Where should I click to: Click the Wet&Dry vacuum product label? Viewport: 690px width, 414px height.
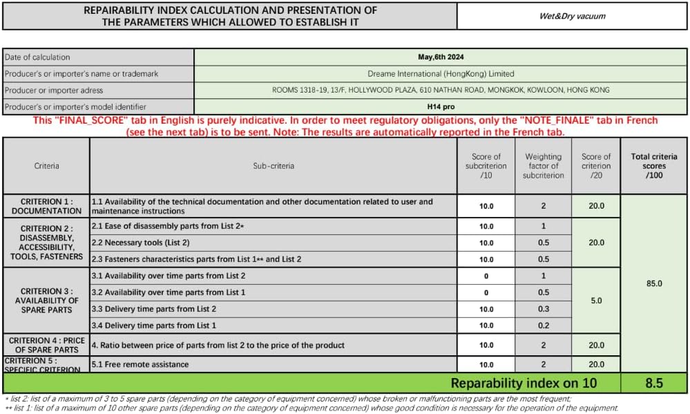[x=572, y=16]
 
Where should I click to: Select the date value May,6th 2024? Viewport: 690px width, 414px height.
[x=441, y=57]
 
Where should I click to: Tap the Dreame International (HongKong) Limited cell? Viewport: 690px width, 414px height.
[x=441, y=74]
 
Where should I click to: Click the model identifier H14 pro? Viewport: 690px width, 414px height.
[x=441, y=106]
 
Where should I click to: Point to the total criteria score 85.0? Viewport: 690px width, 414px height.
[x=654, y=283]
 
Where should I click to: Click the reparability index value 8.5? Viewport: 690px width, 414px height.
[x=654, y=383]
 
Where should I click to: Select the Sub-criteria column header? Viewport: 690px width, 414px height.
[x=273, y=166]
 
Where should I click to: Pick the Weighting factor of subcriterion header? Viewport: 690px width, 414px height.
[x=543, y=166]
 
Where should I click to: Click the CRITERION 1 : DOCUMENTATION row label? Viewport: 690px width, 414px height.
[x=46, y=206]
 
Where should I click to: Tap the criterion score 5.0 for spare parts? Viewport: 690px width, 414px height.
[x=596, y=301]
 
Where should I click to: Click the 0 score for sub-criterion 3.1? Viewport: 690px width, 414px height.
[x=486, y=276]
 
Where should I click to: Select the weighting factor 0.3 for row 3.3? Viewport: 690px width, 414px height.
[x=543, y=309]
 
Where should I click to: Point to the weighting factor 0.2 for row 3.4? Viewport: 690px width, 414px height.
[x=543, y=326]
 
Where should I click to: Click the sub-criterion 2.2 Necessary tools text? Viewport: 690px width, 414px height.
[x=141, y=243]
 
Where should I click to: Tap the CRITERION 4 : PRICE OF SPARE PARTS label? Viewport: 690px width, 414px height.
[x=46, y=344]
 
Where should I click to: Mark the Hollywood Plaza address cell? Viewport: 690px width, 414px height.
[x=441, y=90]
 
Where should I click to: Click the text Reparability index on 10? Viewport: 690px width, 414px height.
[x=524, y=383]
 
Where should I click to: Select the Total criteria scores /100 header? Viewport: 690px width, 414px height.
[x=654, y=166]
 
